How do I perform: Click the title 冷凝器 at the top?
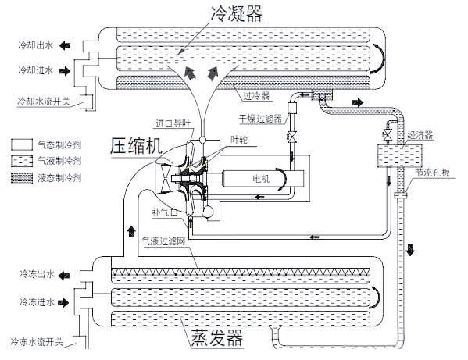237,13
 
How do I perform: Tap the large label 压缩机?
136,146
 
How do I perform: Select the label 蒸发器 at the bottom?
217,337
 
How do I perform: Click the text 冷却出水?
35,45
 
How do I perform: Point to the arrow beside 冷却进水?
65,71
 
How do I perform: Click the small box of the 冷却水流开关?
87,102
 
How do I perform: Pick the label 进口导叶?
173,123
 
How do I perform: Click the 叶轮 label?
239,139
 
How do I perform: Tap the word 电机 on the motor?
261,179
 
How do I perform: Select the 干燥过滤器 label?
260,119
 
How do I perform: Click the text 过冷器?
256,96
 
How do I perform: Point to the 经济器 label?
420,135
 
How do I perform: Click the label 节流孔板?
433,173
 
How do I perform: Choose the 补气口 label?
165,212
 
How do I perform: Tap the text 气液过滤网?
163,241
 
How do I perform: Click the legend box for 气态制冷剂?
22,144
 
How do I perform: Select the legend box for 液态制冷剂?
22,178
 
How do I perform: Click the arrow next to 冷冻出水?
64,276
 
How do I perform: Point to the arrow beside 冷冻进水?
63,303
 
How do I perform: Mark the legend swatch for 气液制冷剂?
22,162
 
